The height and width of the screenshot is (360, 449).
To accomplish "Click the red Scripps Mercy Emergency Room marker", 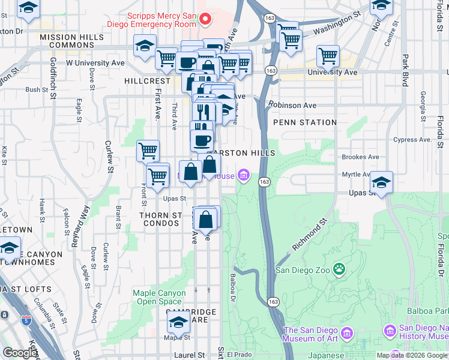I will [206, 20].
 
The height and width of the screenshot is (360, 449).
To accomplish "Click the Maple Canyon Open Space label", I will [157, 297].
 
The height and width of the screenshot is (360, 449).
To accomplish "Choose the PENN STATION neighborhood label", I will [304, 122].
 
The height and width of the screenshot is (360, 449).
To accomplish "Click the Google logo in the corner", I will [20, 353].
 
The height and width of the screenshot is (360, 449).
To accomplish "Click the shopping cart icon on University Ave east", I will [328, 56].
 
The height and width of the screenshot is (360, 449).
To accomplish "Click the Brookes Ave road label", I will [360, 157].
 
